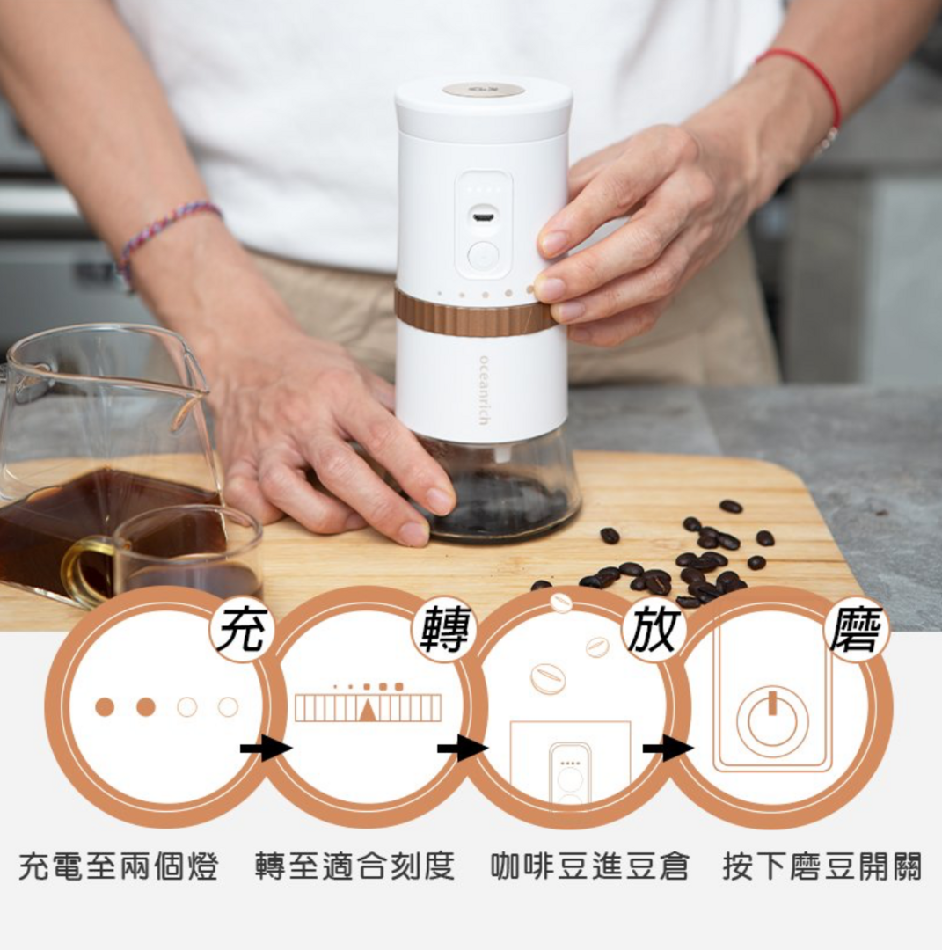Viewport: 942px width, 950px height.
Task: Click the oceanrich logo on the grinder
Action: [483, 390]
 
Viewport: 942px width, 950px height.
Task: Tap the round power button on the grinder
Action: [483, 256]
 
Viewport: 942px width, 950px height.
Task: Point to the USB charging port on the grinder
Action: [482, 216]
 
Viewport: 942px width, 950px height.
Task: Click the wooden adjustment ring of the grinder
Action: [472, 312]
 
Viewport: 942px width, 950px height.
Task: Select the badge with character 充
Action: [242, 630]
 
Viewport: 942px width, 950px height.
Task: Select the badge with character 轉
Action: [445, 630]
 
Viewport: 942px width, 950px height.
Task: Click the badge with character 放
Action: [652, 630]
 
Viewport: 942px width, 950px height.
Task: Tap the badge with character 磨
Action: [856, 630]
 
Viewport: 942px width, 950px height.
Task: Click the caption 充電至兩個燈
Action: [119, 866]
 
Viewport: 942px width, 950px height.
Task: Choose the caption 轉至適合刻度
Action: [355, 866]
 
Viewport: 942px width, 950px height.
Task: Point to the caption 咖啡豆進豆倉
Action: [590, 866]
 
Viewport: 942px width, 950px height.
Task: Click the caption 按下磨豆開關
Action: [822, 866]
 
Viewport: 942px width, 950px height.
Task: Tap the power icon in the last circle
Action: [772, 721]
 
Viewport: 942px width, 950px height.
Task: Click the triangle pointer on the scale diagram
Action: [367, 709]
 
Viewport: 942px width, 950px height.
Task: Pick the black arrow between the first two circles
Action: [267, 749]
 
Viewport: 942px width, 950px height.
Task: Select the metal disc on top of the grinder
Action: [484, 90]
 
